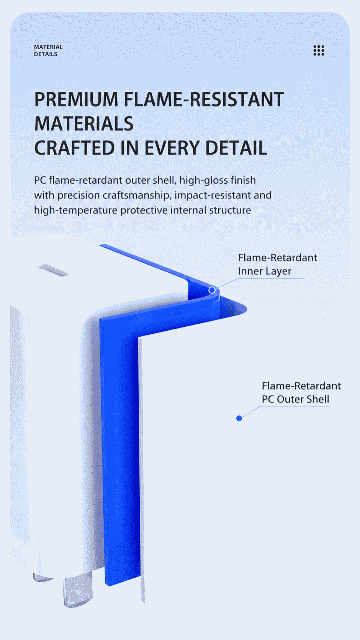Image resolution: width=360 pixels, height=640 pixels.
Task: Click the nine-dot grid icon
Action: [319, 50]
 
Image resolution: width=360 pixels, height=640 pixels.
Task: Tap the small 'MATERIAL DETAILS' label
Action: [48, 51]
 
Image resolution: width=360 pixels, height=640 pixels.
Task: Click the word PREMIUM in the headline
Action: [76, 99]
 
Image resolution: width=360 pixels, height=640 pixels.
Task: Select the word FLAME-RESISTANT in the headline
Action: [204, 99]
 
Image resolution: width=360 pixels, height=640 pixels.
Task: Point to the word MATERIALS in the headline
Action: [84, 124]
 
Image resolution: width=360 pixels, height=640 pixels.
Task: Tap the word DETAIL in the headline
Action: [236, 148]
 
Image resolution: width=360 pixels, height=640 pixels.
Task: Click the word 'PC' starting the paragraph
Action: [40, 180]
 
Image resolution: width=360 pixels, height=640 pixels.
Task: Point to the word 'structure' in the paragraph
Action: [230, 210]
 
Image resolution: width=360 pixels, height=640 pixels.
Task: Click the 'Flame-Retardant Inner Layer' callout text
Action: [277, 264]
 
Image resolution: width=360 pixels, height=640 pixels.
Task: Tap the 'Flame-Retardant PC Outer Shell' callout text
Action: [301, 393]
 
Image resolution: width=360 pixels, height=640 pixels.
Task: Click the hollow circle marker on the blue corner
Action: [212, 290]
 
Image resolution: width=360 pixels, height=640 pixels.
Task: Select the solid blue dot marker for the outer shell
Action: [239, 418]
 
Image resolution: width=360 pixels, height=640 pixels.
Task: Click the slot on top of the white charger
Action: [53, 270]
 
